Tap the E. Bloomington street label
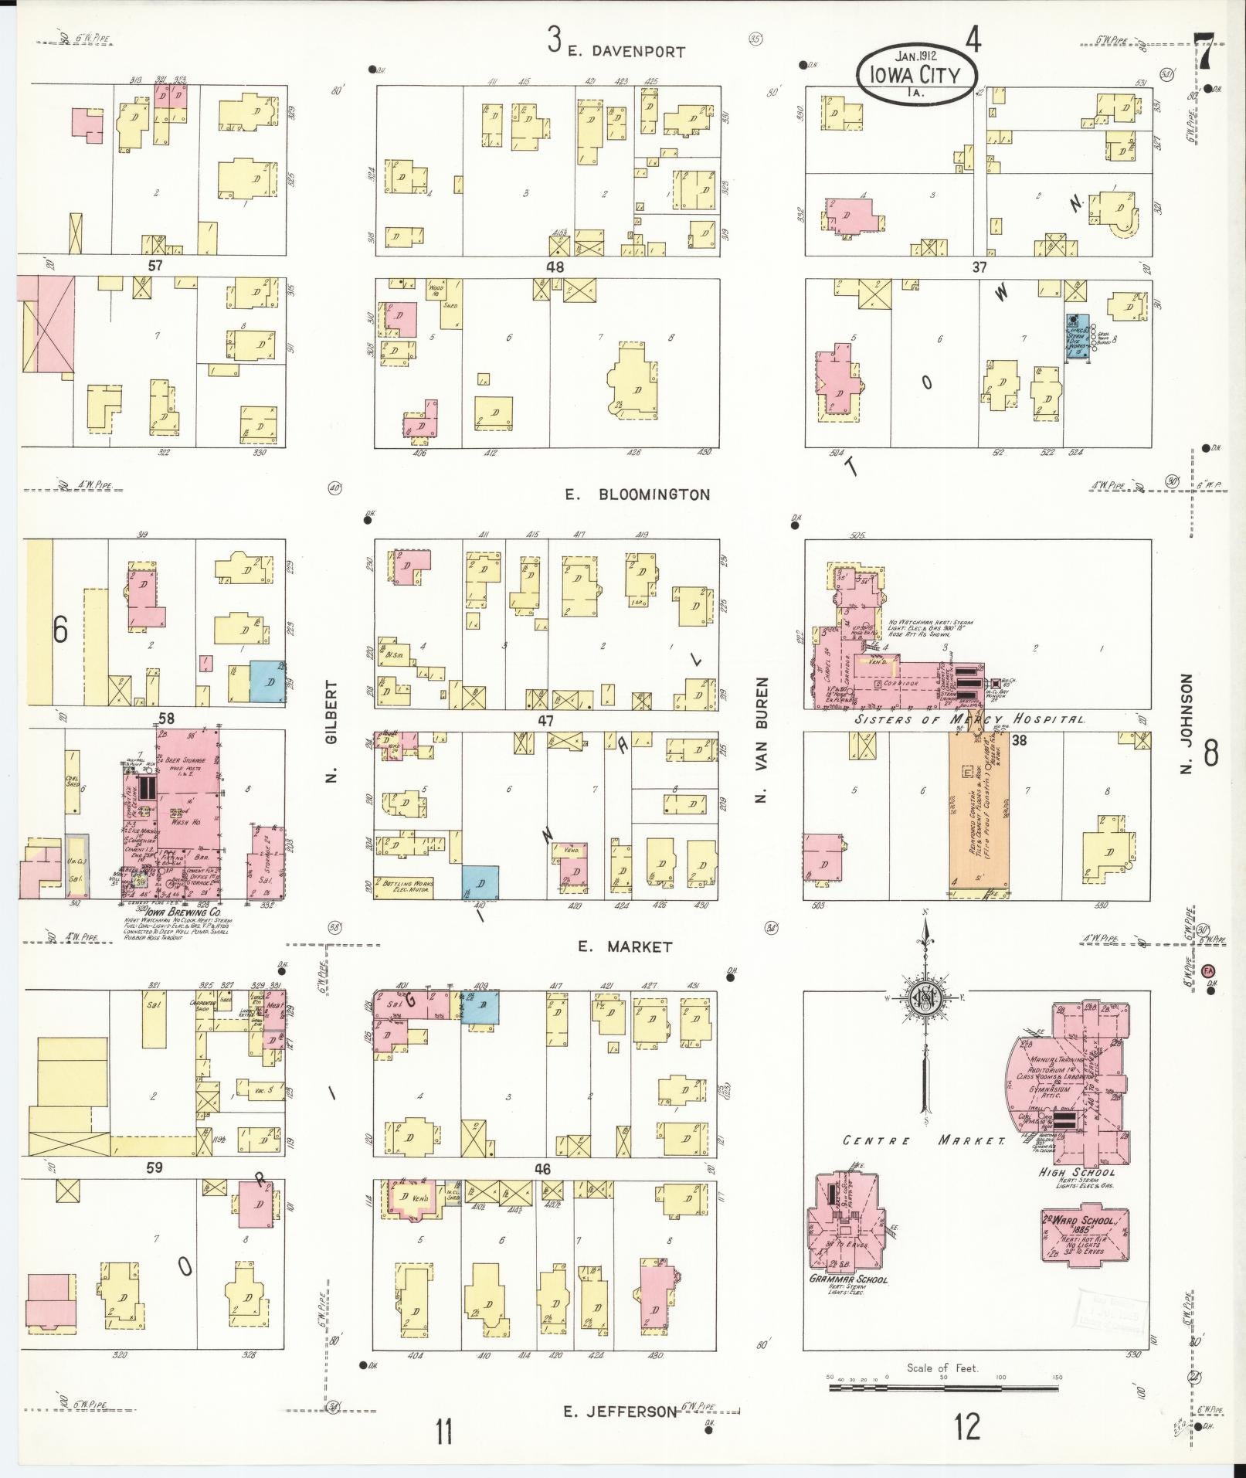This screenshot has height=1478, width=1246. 637,494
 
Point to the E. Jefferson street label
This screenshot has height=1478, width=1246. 620,1412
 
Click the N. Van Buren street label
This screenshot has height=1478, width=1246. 762,740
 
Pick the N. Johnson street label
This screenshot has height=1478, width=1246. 1187,722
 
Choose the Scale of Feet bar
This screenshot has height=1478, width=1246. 943,1388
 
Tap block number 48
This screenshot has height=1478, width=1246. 555,267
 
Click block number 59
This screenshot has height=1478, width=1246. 154,1167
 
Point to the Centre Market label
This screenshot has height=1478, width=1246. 923,1140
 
